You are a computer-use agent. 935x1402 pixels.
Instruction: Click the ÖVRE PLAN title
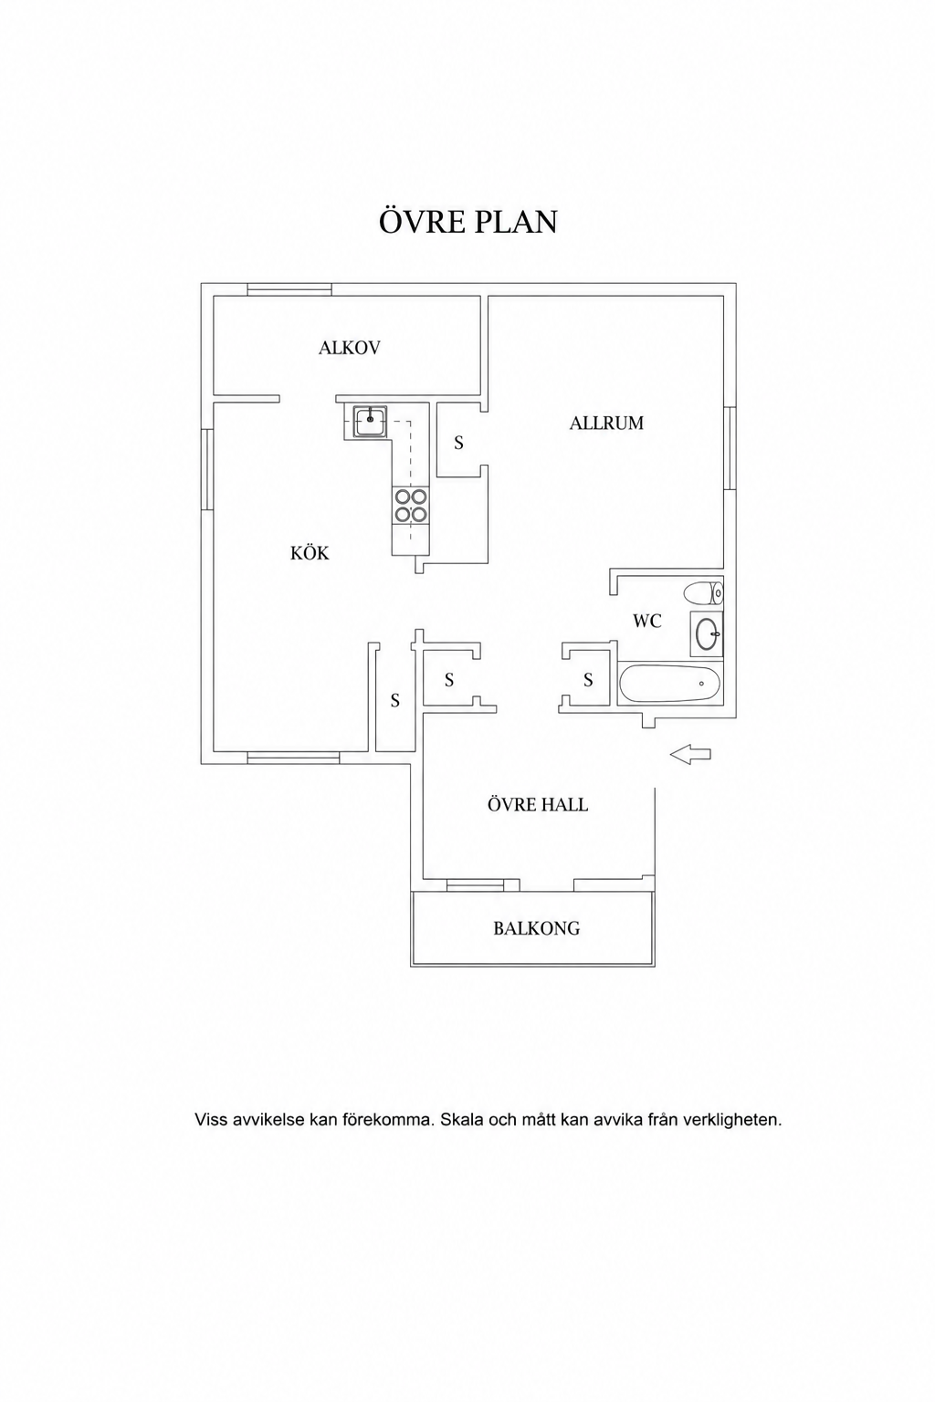click(467, 221)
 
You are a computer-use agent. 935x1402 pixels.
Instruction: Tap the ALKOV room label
click(349, 348)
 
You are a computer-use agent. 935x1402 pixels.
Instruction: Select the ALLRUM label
click(606, 424)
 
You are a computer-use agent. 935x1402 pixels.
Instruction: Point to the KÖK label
click(310, 552)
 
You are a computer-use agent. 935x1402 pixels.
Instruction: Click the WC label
click(647, 621)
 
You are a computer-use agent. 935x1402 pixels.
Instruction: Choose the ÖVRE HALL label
click(537, 804)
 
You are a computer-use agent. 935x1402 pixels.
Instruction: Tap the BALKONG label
click(536, 928)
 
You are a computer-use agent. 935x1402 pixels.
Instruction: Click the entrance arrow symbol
click(690, 754)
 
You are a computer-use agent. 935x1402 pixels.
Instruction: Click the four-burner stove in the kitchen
click(411, 506)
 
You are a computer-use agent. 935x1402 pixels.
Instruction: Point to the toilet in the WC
click(703, 592)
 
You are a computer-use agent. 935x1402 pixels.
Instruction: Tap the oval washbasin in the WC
click(707, 634)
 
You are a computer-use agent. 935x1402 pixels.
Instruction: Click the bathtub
click(669, 684)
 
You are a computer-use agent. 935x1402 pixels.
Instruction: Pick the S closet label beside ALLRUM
click(458, 443)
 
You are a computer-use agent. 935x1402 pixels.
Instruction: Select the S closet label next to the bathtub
click(588, 680)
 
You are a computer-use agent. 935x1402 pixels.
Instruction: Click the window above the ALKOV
click(289, 289)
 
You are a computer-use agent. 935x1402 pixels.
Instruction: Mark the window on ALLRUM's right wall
click(730, 448)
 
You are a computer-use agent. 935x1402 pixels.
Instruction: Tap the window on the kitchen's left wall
click(207, 469)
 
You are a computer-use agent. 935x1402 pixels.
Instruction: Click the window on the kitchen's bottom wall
click(293, 758)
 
